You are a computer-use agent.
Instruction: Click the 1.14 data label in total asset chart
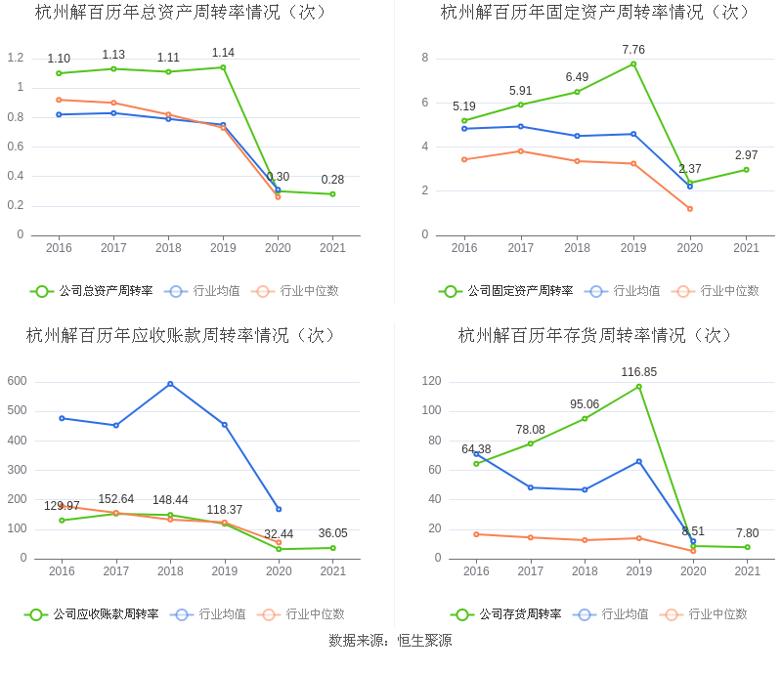[223, 53]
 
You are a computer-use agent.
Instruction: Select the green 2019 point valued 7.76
[633, 64]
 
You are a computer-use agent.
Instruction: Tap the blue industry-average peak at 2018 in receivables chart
[170, 384]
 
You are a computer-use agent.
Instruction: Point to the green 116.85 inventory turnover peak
[639, 387]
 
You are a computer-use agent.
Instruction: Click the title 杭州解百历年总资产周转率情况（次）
[182, 13]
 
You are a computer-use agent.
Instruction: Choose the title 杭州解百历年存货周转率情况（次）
[595, 335]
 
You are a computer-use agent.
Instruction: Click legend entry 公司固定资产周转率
[506, 291]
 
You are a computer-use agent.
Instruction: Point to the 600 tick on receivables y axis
[17, 381]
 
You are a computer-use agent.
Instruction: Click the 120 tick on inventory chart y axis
[431, 381]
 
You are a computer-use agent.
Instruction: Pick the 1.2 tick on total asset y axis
[15, 58]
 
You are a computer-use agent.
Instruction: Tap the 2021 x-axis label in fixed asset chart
[746, 248]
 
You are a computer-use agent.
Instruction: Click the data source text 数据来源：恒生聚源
[390, 641]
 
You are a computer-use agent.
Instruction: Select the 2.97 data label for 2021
[746, 155]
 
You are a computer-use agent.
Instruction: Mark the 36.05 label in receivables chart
[333, 533]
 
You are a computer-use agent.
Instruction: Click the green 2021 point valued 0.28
[332, 194]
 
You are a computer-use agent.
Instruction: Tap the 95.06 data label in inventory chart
[585, 404]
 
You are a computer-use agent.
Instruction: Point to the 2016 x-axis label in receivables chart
[62, 571]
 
